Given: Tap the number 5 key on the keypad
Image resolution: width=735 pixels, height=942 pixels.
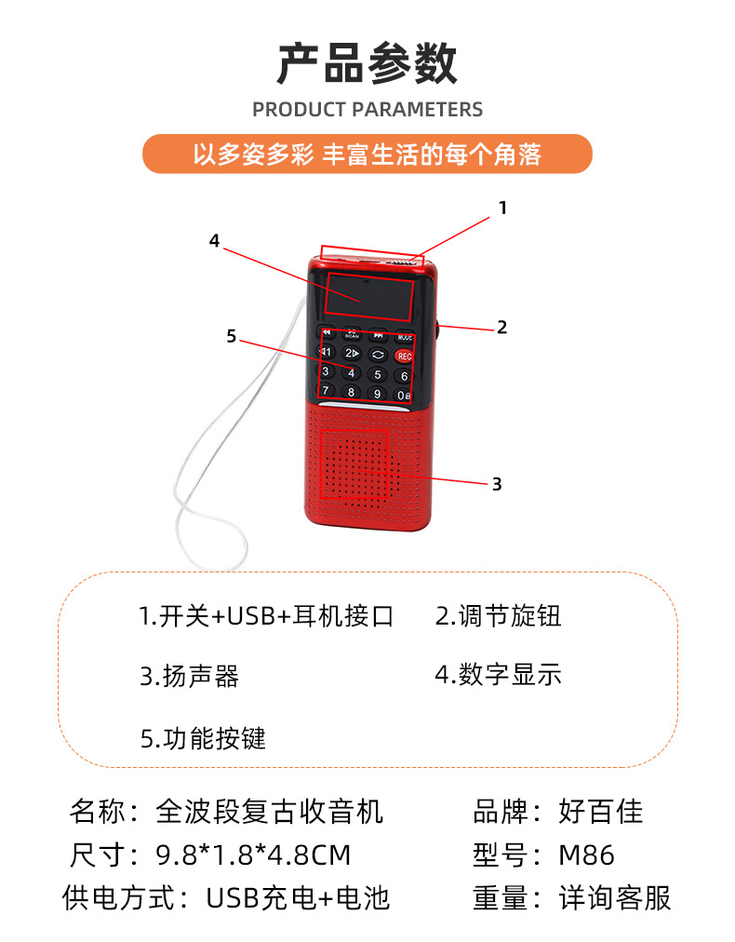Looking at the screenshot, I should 377,374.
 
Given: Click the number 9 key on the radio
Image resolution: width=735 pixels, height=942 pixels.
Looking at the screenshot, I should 377,393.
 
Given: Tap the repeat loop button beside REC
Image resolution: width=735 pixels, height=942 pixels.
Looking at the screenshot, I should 378,355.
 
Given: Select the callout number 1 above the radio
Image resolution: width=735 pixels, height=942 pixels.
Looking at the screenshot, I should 502,209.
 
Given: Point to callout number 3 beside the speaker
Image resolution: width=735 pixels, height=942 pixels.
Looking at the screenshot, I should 497,484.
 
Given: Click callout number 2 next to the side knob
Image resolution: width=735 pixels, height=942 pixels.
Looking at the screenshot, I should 501,327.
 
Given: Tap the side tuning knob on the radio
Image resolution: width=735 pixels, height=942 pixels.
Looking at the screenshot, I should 436,327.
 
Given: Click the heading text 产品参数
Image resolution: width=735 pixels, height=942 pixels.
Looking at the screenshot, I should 367,63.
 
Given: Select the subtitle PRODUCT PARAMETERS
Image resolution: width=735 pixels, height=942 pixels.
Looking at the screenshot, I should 367,109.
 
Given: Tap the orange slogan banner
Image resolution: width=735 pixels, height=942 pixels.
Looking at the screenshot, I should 367,154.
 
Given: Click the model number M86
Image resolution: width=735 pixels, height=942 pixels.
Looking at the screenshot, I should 586,855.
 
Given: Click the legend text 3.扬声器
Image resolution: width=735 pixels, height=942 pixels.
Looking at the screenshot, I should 190,677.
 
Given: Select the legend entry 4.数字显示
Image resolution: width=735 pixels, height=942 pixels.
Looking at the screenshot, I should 498,674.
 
